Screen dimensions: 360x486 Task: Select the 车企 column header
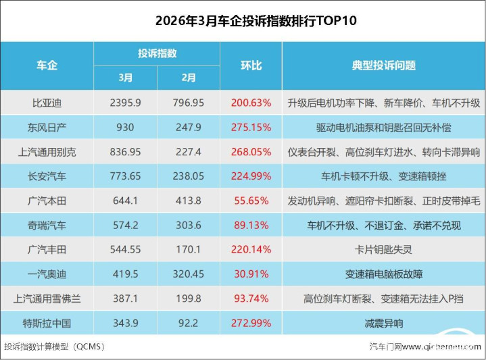tap(47, 66)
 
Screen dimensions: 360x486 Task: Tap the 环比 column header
tap(251, 66)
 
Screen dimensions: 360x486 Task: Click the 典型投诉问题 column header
tap(383, 66)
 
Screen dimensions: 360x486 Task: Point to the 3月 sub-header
tap(126, 78)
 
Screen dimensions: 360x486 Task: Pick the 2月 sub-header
tap(189, 78)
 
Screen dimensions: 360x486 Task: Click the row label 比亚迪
tap(47, 103)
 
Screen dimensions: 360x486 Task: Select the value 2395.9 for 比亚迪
tap(126, 103)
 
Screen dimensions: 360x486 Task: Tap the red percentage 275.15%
tap(251, 128)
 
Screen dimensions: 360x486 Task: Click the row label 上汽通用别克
tap(47, 152)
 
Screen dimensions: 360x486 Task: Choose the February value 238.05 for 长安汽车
tap(189, 176)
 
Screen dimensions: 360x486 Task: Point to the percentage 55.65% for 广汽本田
tap(251, 201)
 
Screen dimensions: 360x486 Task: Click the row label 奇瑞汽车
tap(47, 226)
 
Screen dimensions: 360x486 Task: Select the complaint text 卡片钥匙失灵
tap(383, 250)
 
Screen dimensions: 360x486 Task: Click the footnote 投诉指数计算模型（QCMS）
tap(54, 346)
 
